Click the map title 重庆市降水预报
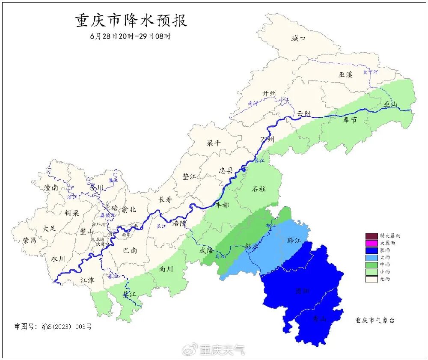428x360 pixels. click(131, 21)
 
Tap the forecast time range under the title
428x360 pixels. click(131, 36)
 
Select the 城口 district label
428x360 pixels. click(298, 39)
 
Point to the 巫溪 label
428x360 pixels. click(345, 74)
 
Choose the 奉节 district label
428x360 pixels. click(350, 120)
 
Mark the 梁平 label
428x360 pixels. click(214, 143)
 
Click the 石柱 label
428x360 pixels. click(259, 189)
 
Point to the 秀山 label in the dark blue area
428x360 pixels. click(319, 318)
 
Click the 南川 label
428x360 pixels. click(166, 269)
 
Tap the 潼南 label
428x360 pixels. click(51, 187)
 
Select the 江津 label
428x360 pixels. click(87, 280)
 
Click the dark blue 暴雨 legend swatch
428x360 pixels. click(371, 250)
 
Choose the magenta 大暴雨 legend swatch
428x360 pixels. click(371, 243)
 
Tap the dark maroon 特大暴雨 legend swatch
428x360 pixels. click(371, 235)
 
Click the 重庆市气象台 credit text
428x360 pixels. click(374, 320)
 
